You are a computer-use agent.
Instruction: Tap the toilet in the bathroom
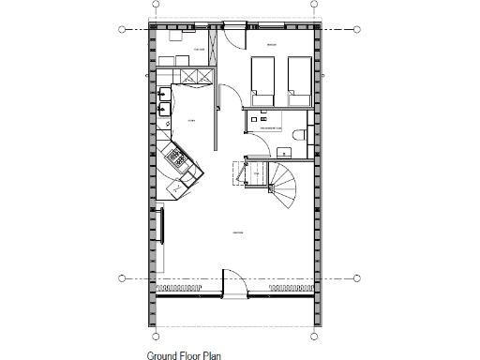(x=298, y=134)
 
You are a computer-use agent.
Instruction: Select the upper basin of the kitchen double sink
(x=165, y=94)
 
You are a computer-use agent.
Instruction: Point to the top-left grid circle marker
(x=122, y=30)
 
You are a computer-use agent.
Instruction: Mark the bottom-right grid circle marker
(x=357, y=277)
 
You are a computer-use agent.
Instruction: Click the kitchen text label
(x=190, y=121)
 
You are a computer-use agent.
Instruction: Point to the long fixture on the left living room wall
(x=160, y=225)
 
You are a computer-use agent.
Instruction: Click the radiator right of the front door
(x=281, y=292)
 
